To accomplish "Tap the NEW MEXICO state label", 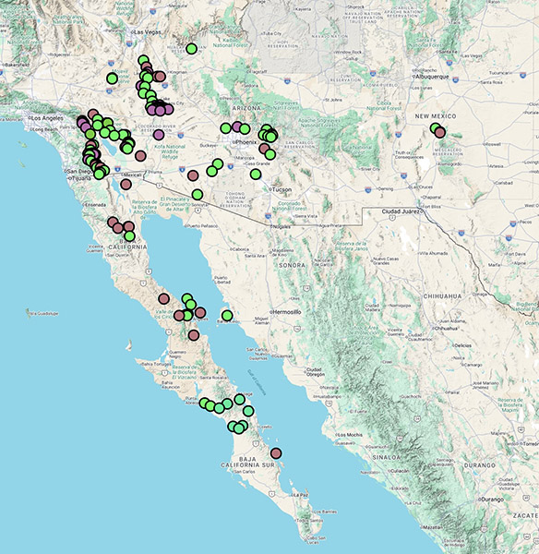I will [x=435, y=116].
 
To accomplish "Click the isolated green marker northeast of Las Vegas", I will [x=191, y=48].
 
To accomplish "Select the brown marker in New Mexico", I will [x=440, y=133].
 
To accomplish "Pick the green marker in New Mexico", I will [x=436, y=128].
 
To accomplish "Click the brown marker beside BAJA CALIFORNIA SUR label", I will [x=276, y=452].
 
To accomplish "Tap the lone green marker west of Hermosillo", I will [x=227, y=316].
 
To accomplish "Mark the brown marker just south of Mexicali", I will [x=126, y=184].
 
